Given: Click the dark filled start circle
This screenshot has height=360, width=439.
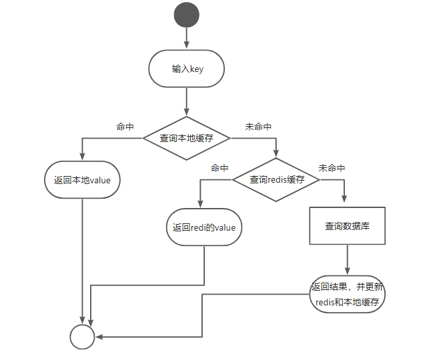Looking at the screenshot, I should (186, 15).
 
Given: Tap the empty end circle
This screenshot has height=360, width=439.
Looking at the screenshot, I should (83, 337).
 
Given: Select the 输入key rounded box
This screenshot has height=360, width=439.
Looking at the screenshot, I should (187, 69).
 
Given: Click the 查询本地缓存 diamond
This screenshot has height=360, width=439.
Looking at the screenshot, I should (186, 138).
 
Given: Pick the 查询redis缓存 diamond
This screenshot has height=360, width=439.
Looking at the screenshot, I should (276, 179).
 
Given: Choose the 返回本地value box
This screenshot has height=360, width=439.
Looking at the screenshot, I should (82, 179).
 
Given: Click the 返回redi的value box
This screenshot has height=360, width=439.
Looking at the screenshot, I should (203, 227).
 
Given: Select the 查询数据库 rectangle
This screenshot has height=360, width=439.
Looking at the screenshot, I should (347, 226).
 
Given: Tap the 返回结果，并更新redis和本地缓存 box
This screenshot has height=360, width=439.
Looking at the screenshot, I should (348, 294).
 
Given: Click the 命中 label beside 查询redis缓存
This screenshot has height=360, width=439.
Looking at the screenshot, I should (220, 168).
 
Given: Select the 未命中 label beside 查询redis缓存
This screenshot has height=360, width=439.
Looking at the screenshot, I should (332, 168).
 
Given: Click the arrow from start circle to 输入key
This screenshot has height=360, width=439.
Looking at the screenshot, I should (186, 39).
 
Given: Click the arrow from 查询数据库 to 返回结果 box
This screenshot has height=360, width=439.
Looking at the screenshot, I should (347, 260).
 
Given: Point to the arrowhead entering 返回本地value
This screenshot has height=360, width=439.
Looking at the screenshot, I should (82, 157).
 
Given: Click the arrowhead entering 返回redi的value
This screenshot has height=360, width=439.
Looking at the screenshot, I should (200, 205).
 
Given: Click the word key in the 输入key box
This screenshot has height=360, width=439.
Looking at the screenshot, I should (197, 69).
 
